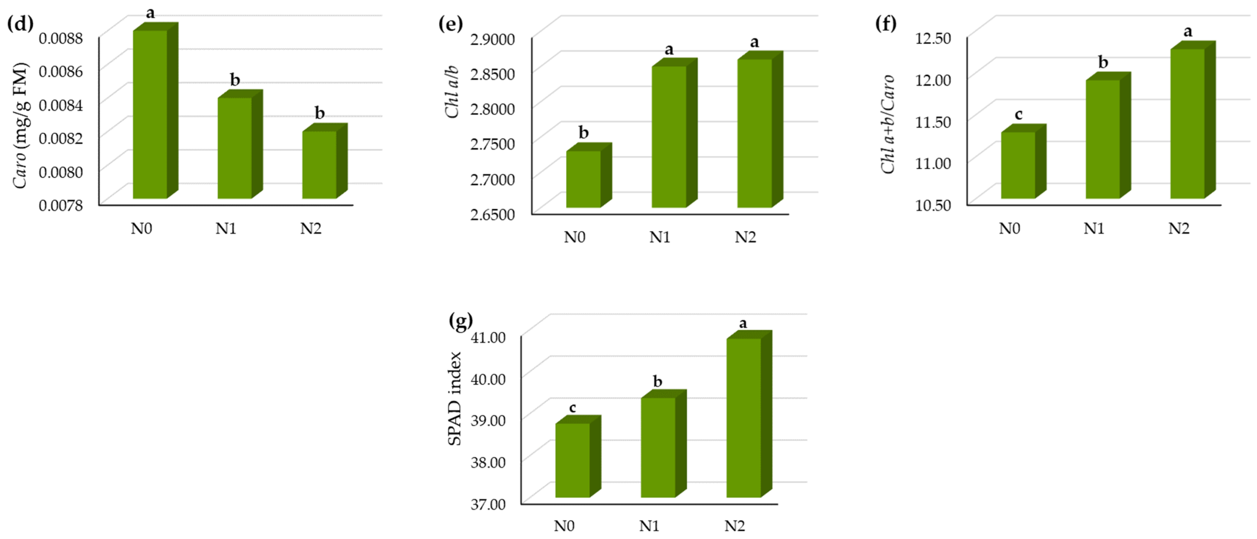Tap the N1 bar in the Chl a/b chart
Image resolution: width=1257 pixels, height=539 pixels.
669,137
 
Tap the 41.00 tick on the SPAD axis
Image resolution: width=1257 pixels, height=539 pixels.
488,337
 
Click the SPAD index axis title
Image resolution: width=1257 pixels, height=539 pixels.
455,398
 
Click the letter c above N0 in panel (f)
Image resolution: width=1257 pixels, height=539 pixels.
1018,115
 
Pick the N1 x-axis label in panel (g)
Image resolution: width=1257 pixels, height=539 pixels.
649,526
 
